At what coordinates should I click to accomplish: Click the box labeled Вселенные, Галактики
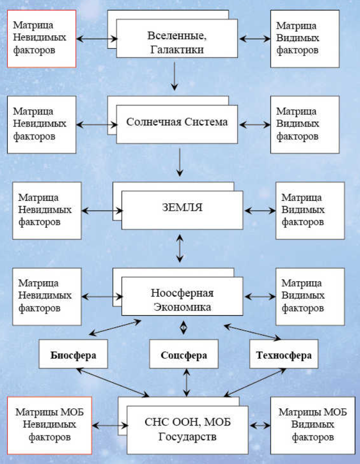(x=177, y=38)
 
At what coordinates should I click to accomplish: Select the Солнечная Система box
(x=177, y=123)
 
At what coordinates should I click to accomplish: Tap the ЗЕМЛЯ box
(x=182, y=209)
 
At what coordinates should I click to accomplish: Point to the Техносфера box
(x=284, y=356)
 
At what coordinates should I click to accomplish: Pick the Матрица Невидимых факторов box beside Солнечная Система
(x=42, y=124)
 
